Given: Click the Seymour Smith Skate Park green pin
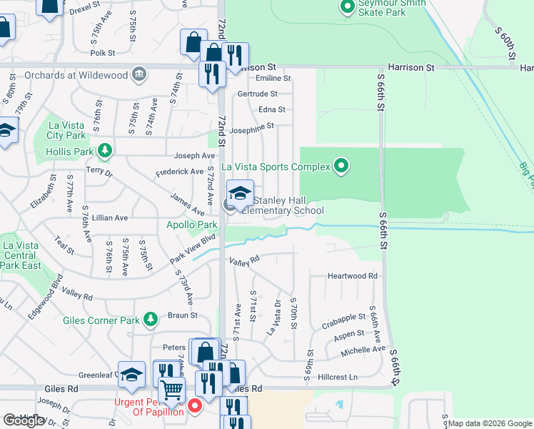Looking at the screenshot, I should click(x=348, y=8).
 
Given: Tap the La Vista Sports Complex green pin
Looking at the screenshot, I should click(x=342, y=167).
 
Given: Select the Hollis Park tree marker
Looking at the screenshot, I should click(x=106, y=150).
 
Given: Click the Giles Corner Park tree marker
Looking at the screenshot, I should click(x=150, y=318).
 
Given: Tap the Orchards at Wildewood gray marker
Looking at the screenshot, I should click(x=139, y=74).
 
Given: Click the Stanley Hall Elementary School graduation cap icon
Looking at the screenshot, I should click(x=240, y=193).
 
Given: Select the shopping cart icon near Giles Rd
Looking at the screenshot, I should click(x=172, y=392).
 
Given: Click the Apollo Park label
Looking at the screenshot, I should click(x=171, y=225).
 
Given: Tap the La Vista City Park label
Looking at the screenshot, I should click(x=66, y=129).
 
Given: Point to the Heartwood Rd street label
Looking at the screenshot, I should click(x=352, y=276).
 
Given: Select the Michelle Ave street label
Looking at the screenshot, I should click(x=363, y=350).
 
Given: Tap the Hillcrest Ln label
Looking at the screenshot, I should click(x=337, y=376).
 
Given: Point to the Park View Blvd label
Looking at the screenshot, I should click(x=193, y=250).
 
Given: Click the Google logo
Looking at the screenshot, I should click(x=24, y=420).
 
